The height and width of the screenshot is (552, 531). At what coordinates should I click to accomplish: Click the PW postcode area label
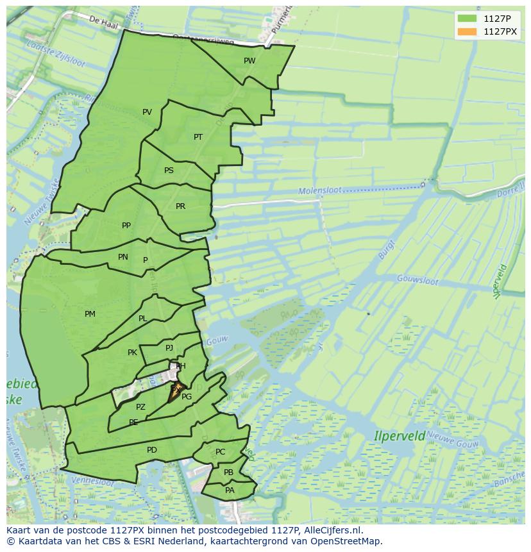(x=249, y=61)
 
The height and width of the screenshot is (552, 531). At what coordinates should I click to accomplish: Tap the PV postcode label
(x=147, y=112)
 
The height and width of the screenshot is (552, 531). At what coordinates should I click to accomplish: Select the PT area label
(x=198, y=137)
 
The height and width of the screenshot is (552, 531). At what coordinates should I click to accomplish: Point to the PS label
(x=169, y=171)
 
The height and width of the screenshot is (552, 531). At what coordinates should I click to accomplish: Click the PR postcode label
(x=180, y=206)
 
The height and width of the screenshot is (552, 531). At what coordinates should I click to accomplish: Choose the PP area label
(x=126, y=226)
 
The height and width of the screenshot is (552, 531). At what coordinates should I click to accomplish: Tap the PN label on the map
(x=123, y=257)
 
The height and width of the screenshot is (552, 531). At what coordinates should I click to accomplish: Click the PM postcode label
(x=90, y=314)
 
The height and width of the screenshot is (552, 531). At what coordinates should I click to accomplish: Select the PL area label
(x=142, y=319)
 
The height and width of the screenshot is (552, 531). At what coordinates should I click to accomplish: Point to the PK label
(x=132, y=353)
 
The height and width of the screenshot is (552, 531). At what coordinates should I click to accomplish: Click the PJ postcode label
(x=169, y=348)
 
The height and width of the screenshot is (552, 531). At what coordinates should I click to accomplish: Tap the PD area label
(x=151, y=450)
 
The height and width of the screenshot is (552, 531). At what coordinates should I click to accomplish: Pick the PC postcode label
(x=220, y=452)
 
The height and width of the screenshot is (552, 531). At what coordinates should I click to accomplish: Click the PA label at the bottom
(x=230, y=490)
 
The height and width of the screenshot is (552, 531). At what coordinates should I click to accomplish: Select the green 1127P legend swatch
(x=467, y=19)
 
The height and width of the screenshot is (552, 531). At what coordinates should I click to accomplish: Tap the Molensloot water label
(x=319, y=191)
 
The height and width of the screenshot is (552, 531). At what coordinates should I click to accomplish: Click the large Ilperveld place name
(x=400, y=436)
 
